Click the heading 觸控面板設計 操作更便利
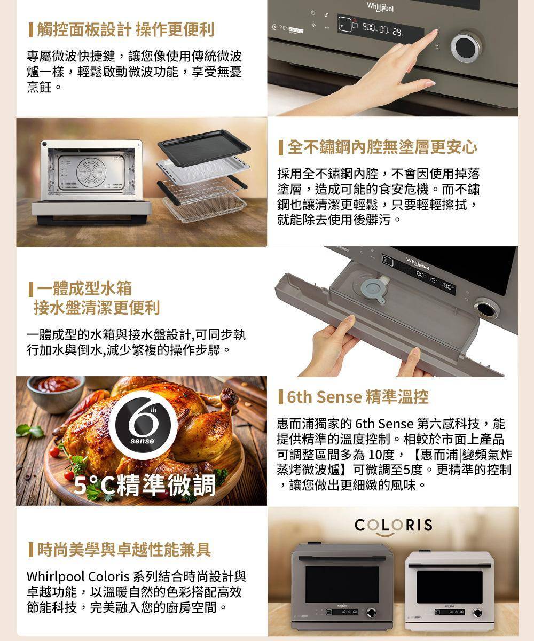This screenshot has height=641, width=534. point(125,30)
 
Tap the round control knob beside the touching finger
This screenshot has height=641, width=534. point(466,46)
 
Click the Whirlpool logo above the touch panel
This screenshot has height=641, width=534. point(380,7)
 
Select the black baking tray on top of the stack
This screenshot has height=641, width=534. point(204,147)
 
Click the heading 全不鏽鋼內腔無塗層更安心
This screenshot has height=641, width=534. point(382,147)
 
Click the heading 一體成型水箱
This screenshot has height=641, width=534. point(84,288)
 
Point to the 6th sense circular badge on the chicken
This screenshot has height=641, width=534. point(143,425)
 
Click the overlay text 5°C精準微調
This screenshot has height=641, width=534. point(145,486)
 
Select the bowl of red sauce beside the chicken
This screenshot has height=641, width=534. point(56,393)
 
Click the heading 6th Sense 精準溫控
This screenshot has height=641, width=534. point(358,397)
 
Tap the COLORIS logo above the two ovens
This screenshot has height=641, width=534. point(394,525)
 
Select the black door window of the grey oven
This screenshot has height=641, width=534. point(342,584)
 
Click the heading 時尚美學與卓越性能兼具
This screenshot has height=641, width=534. point(124,550)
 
